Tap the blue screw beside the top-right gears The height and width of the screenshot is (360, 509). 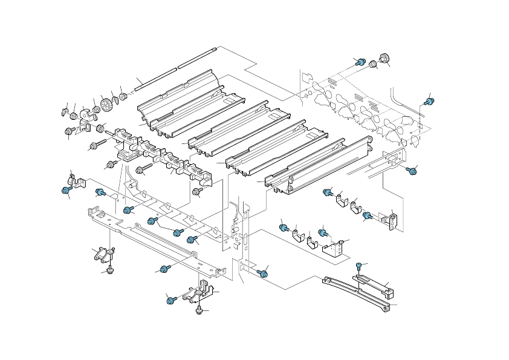tap(360, 62)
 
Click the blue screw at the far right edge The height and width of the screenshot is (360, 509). tap(428, 102)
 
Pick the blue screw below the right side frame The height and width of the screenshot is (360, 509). tap(411, 172)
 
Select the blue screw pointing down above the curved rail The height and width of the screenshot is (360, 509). tap(359, 265)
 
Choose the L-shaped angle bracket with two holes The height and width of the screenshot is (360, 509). tap(334, 248)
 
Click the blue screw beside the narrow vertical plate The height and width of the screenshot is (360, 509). tap(262, 273)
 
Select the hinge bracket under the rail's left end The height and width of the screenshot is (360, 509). tap(100, 255)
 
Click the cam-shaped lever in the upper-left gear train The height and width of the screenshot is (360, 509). tap(86, 113)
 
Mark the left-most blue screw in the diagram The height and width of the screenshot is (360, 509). tap(65, 191)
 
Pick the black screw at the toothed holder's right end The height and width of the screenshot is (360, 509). tap(196, 192)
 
